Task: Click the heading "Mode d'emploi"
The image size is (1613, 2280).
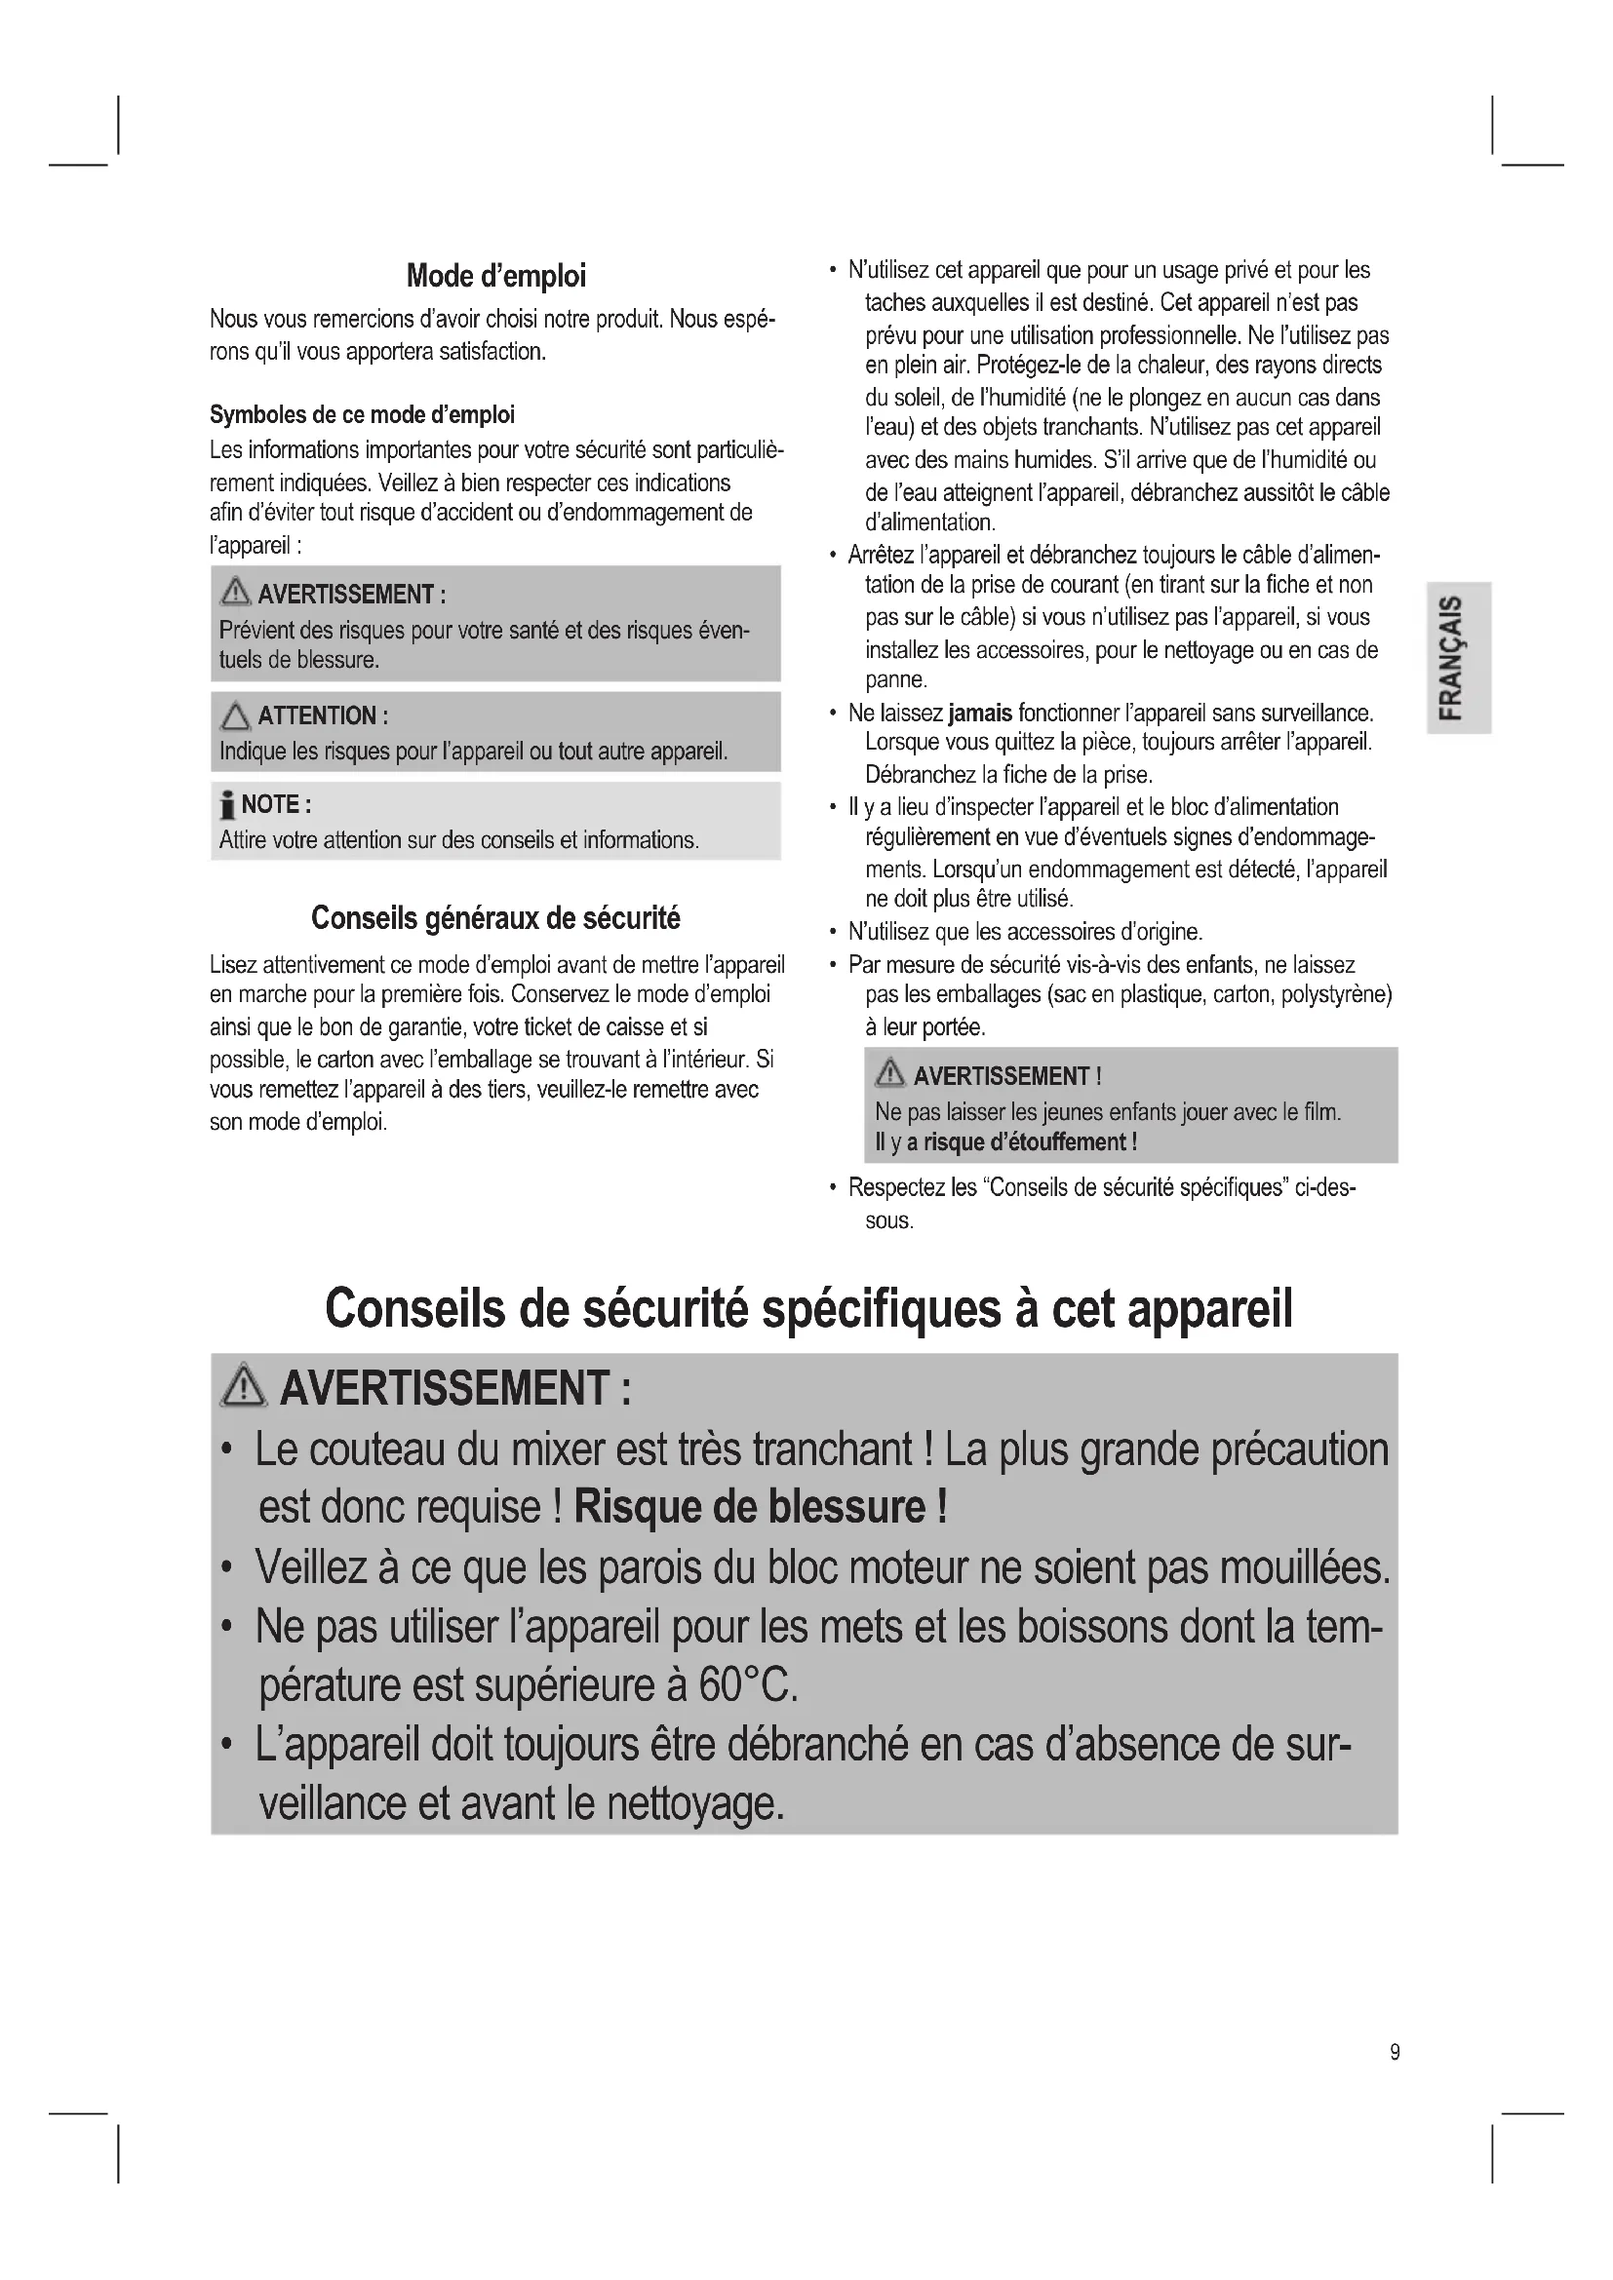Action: point(495,276)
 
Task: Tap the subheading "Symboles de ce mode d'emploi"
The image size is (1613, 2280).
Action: point(362,414)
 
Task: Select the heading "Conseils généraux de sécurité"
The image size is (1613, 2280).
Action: point(495,917)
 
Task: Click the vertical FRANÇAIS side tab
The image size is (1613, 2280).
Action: point(1457,657)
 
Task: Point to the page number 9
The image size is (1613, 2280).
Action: point(1395,2053)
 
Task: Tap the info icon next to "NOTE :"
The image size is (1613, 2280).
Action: point(227,804)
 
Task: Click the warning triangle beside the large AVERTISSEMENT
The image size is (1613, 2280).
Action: point(244,1386)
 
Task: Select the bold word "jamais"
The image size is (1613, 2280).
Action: point(979,713)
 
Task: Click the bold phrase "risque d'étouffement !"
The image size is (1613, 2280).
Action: point(1029,1142)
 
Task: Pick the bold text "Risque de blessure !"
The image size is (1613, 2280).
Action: point(760,1507)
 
